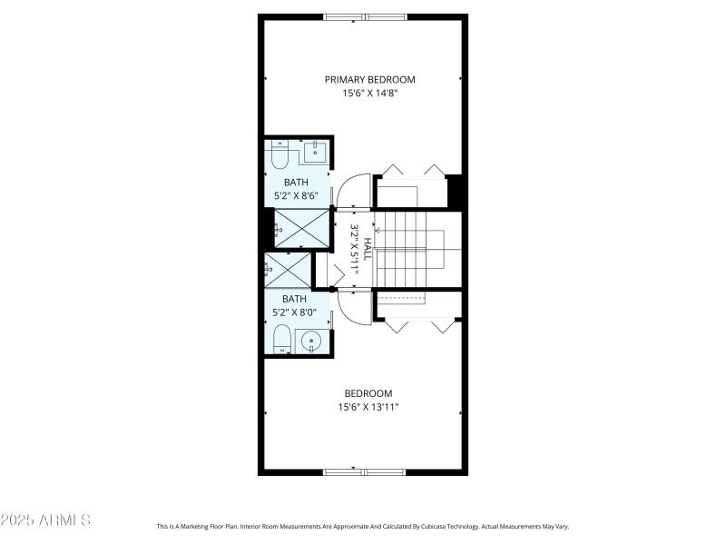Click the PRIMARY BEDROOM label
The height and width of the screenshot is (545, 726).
[x=363, y=79]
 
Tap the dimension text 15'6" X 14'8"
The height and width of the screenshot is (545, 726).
[x=363, y=93]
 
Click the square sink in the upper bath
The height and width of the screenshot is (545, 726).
[x=315, y=152]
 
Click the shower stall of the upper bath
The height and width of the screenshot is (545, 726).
[x=301, y=228]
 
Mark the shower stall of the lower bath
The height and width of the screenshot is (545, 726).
[x=288, y=270]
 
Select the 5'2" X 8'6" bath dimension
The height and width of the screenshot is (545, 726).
[x=296, y=195]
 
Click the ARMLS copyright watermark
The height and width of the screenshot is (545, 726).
[x=45, y=520]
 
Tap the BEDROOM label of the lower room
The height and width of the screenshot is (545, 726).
[x=368, y=393]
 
